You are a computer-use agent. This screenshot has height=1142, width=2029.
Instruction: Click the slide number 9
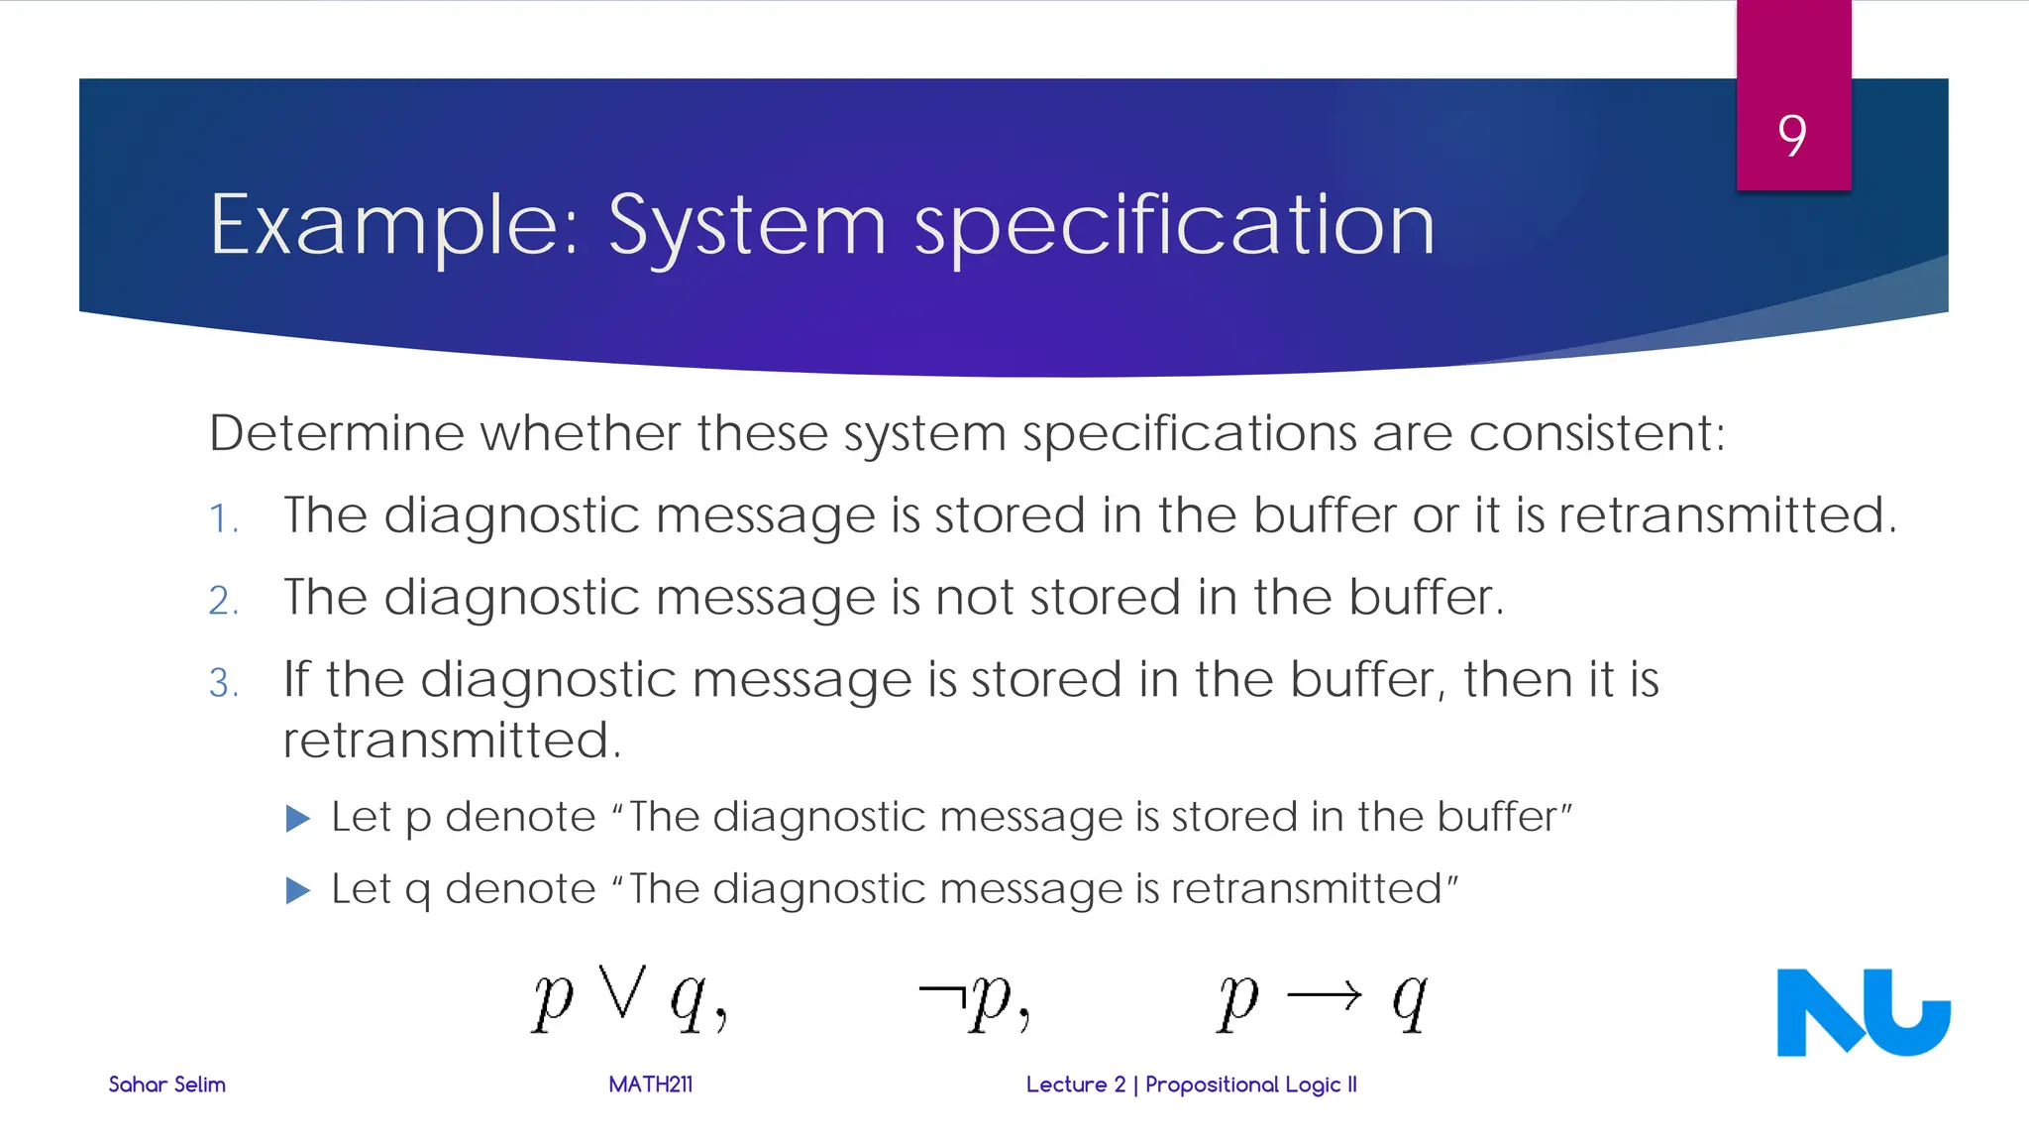[x=1791, y=135]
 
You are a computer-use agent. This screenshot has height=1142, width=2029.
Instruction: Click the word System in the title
[x=746, y=226]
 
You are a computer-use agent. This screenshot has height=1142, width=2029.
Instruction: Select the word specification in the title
[x=1174, y=226]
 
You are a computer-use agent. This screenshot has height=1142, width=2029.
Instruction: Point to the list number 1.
[x=223, y=518]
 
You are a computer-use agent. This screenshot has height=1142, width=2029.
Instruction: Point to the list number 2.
[x=223, y=601]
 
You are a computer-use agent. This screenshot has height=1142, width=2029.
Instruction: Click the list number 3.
[x=223, y=683]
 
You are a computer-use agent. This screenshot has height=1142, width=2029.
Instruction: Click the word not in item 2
[x=975, y=598]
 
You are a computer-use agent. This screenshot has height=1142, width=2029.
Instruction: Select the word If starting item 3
[x=296, y=680]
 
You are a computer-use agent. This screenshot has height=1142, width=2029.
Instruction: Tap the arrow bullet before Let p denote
[x=297, y=819]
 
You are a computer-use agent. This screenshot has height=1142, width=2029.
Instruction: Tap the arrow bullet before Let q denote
[x=297, y=890]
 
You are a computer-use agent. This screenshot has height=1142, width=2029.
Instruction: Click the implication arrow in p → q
[x=1325, y=994]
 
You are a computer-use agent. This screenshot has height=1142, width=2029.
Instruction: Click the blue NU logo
[x=1863, y=1012]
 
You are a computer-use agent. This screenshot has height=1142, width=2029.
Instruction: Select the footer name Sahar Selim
[x=166, y=1085]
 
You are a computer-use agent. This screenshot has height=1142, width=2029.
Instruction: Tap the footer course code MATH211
[x=650, y=1085]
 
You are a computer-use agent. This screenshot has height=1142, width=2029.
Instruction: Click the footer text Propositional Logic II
[x=1250, y=1085]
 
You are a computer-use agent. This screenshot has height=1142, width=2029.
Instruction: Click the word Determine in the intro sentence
[x=337, y=433]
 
